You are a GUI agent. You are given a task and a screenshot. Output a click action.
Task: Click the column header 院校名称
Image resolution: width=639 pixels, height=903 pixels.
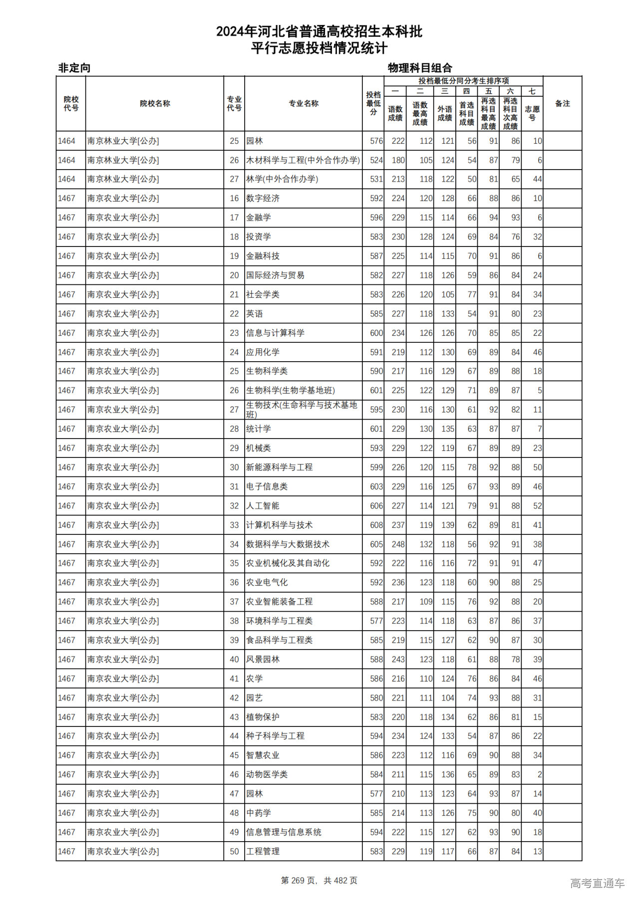coord(155,104)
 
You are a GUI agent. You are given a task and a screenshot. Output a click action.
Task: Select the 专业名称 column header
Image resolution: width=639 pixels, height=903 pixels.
coord(304,104)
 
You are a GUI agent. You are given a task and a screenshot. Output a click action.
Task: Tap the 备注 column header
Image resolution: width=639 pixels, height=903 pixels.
coord(562,104)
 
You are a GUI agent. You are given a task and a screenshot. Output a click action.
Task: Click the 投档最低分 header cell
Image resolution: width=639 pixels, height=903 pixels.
coord(373,104)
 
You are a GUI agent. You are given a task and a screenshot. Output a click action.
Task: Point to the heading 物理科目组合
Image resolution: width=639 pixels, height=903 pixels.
coord(420,68)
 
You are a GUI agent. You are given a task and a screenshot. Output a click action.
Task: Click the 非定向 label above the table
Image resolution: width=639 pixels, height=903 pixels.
coord(74,68)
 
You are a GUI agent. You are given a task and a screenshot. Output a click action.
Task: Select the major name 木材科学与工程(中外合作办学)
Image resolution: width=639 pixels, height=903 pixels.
coord(303,160)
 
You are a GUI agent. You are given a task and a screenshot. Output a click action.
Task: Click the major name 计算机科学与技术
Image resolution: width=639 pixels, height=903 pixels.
coord(279,525)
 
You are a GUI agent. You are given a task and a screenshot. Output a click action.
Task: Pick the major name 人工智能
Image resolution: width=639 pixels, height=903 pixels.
coord(263,506)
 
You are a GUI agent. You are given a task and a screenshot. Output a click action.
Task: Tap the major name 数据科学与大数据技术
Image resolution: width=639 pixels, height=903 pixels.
coord(288,544)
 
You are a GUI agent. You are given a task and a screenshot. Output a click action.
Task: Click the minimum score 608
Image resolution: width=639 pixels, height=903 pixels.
coord(376,525)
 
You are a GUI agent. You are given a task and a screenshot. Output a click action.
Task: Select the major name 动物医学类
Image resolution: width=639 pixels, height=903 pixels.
coord(267,775)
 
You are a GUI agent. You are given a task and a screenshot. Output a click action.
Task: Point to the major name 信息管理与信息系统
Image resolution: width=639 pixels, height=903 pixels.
coord(284,832)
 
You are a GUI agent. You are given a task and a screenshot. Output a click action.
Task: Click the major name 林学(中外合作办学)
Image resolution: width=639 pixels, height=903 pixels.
coord(282,179)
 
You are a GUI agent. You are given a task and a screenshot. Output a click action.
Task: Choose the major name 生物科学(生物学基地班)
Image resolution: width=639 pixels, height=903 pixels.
coord(290,391)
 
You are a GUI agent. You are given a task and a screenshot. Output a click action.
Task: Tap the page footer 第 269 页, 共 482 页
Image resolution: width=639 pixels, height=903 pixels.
coord(319,881)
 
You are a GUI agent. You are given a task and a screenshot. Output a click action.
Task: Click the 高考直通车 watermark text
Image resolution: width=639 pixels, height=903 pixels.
coord(597,884)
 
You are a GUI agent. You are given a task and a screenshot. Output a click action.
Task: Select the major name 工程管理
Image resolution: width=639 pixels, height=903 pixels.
coord(263,852)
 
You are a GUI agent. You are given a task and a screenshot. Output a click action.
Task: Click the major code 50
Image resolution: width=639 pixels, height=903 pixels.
coord(234,852)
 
